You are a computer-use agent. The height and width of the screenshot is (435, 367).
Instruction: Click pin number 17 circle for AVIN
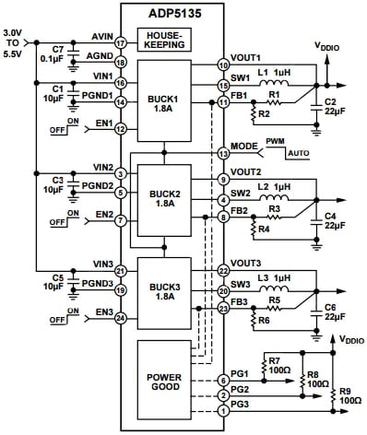coord(121,42)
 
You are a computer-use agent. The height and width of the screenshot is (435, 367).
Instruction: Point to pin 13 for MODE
coord(222,152)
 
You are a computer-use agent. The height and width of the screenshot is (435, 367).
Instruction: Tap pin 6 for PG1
coord(222,380)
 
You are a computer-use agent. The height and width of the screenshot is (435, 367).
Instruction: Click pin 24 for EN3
coord(121,319)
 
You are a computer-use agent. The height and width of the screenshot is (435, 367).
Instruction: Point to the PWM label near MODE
coord(276,141)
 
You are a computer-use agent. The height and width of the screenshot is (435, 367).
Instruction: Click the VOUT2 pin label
coord(245,172)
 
